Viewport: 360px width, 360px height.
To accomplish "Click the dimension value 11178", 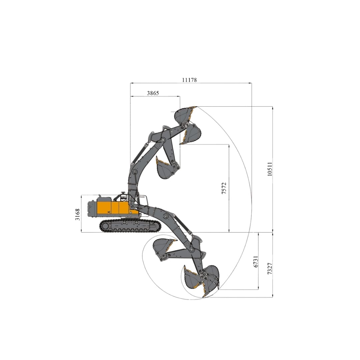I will click(189, 80).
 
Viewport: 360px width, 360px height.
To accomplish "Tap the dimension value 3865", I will click(153, 93).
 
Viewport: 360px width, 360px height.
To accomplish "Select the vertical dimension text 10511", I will click(270, 169).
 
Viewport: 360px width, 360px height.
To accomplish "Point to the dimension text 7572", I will click(224, 188).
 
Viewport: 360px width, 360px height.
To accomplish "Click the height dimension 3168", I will click(77, 214).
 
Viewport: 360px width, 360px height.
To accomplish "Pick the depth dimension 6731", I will click(256, 261).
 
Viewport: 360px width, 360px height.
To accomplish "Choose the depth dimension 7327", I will click(270, 268).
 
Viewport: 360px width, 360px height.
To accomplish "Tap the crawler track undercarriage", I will click(130, 226).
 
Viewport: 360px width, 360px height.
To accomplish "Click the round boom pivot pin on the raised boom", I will click(135, 172).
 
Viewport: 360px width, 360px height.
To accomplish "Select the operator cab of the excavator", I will click(142, 202).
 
